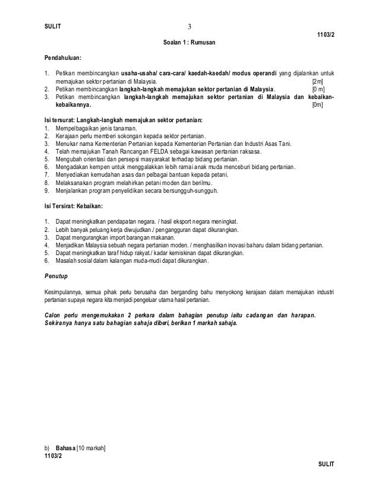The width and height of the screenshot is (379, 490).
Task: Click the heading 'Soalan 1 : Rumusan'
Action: (x=190, y=43)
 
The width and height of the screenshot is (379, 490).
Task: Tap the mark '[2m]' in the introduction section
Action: (x=318, y=81)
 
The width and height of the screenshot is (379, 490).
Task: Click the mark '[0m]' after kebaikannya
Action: (x=318, y=104)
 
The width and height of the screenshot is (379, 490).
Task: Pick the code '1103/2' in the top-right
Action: (x=326, y=35)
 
